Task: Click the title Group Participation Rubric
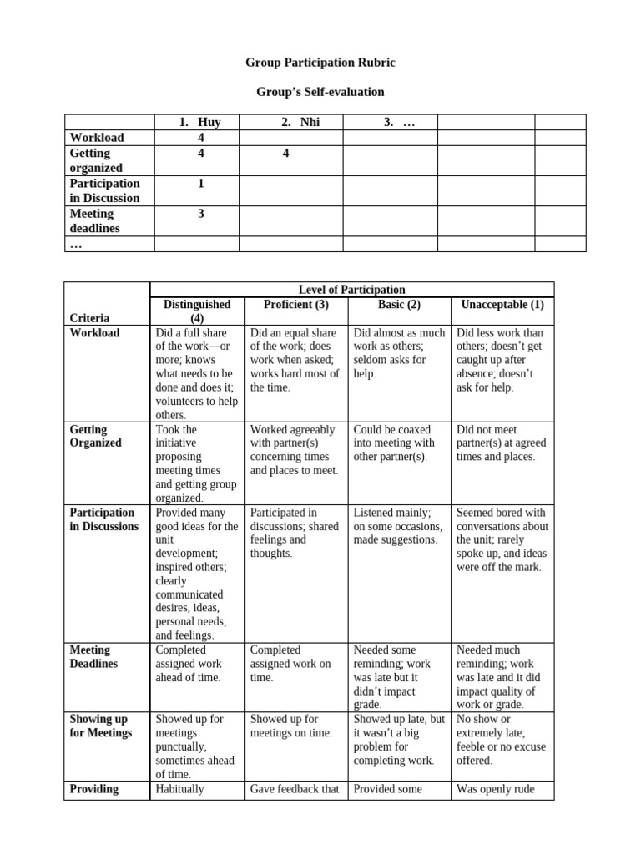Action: (x=320, y=63)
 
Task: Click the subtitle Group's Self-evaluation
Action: (x=320, y=92)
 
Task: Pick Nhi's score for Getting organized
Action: (x=285, y=154)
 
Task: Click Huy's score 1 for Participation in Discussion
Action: (x=201, y=184)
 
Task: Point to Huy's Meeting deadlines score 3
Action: (x=201, y=214)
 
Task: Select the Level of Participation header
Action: (x=351, y=290)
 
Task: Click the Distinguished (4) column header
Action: (x=197, y=311)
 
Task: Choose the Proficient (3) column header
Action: (x=295, y=304)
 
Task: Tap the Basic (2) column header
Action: (x=399, y=304)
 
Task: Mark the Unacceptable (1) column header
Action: (x=502, y=304)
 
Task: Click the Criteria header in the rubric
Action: (x=90, y=318)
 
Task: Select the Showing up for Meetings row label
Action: (x=101, y=726)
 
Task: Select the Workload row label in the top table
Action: (x=97, y=138)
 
